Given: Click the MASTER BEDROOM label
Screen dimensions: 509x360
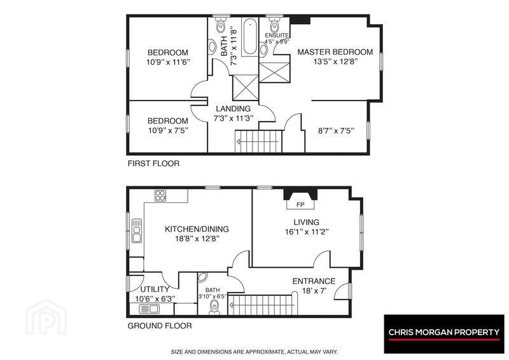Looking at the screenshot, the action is click(335, 52).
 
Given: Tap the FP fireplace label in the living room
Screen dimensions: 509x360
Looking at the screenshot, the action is click(300, 205).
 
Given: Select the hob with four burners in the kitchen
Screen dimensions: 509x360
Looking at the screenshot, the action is click(160, 195).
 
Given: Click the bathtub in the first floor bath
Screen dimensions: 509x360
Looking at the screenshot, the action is click(250, 37).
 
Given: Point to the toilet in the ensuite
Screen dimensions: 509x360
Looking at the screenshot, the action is click(275, 25).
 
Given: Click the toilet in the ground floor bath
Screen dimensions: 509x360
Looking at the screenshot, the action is click(214, 307).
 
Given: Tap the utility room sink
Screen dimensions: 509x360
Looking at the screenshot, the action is click(150, 309).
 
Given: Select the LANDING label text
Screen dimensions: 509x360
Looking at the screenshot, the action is click(234, 109).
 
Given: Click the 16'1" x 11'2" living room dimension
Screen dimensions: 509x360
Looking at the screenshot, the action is click(307, 232).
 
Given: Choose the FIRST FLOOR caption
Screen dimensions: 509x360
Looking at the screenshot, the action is click(153, 163).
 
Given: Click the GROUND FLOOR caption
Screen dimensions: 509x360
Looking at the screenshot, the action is click(160, 326).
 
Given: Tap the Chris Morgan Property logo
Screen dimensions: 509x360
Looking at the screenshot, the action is click(444, 334).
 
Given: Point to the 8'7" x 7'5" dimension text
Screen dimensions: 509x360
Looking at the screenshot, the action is click(336, 131).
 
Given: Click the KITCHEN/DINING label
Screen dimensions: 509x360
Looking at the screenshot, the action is click(197, 229).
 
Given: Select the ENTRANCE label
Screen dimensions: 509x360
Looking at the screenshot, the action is click(314, 281).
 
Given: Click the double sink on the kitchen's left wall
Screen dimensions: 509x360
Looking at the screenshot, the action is click(137, 231).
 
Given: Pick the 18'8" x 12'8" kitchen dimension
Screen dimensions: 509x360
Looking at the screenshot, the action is click(197, 239).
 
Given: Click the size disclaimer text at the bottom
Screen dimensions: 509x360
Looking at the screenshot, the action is click(254, 352).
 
